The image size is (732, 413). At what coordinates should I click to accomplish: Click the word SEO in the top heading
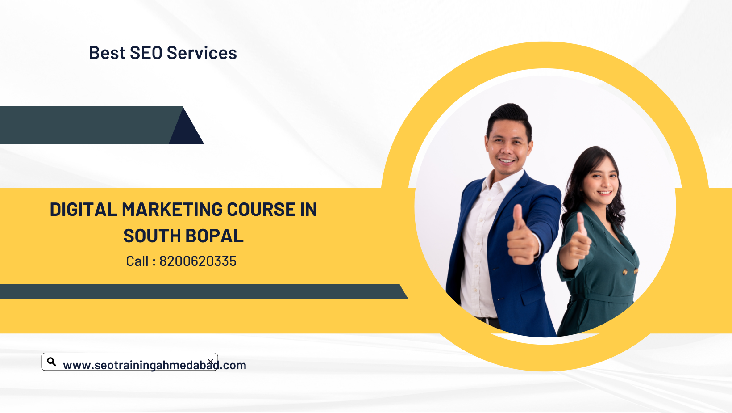(146, 53)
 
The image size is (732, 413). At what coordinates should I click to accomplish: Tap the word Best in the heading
(107, 53)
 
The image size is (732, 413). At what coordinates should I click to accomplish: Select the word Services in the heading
(202, 53)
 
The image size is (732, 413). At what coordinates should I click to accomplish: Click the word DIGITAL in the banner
(83, 210)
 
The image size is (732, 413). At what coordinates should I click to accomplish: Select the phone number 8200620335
(198, 261)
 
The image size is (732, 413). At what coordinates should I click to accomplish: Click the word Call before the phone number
(137, 261)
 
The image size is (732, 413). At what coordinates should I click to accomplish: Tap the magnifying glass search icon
(51, 362)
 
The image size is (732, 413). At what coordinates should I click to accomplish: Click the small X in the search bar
(211, 362)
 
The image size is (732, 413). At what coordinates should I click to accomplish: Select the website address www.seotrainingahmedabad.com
(154, 365)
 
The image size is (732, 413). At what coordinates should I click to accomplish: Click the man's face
(507, 146)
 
